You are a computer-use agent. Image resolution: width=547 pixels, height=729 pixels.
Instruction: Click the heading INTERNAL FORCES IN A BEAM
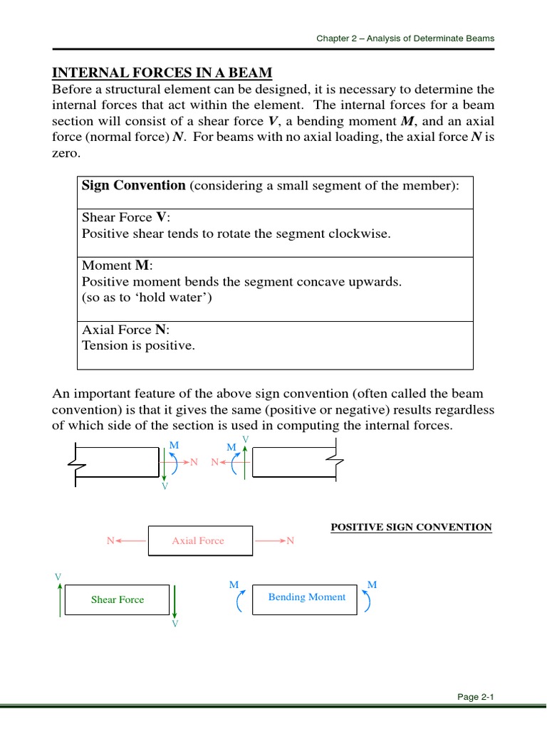point(162,73)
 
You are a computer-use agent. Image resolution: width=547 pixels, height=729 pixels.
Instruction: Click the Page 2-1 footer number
point(476,697)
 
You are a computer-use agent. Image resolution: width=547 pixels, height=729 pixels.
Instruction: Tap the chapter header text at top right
point(405,38)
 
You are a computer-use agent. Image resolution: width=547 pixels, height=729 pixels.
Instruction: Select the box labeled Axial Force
point(199,541)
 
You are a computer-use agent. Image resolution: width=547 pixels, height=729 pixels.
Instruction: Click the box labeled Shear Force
point(118,599)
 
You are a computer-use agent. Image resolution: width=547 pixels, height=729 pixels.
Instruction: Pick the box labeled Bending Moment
point(306,597)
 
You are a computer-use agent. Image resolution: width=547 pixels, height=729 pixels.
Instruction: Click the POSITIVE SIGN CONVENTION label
point(411,528)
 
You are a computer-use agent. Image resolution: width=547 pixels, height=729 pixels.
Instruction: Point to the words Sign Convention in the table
point(133,186)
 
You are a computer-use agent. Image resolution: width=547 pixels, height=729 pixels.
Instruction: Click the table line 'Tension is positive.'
point(138,345)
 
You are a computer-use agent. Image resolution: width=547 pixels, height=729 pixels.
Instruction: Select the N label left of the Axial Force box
point(110,541)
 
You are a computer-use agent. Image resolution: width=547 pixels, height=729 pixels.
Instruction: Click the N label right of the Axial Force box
point(290,541)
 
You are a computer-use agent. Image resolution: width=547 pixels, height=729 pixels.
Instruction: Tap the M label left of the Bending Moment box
point(233,584)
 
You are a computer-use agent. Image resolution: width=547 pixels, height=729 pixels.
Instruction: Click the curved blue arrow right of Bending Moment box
point(367,602)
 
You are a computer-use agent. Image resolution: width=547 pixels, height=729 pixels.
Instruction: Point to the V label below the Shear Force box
point(175,624)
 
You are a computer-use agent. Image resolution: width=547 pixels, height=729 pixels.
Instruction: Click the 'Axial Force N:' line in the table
point(126,330)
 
